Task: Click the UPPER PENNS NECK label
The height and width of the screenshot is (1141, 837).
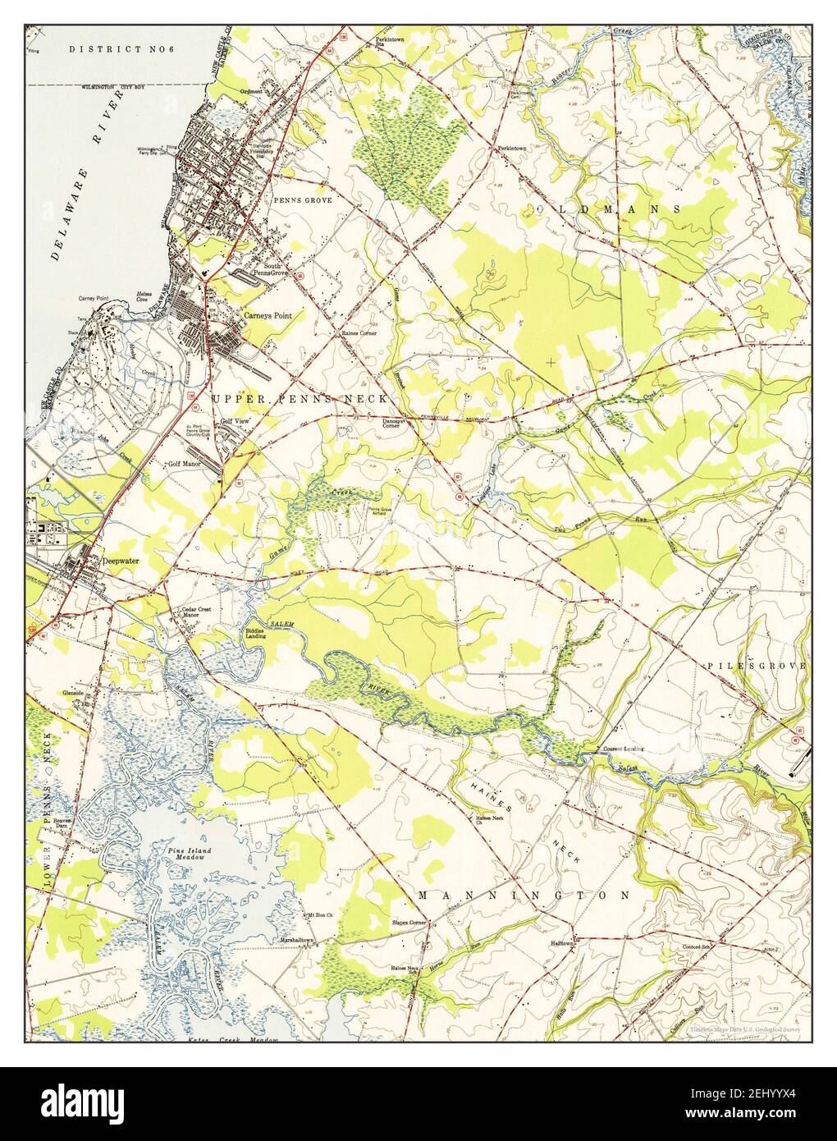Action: coord(299,398)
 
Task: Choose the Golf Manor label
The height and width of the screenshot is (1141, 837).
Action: coord(185,463)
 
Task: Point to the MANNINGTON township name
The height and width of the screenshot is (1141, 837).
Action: coord(524,895)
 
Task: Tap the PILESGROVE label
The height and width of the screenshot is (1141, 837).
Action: coord(756,664)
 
